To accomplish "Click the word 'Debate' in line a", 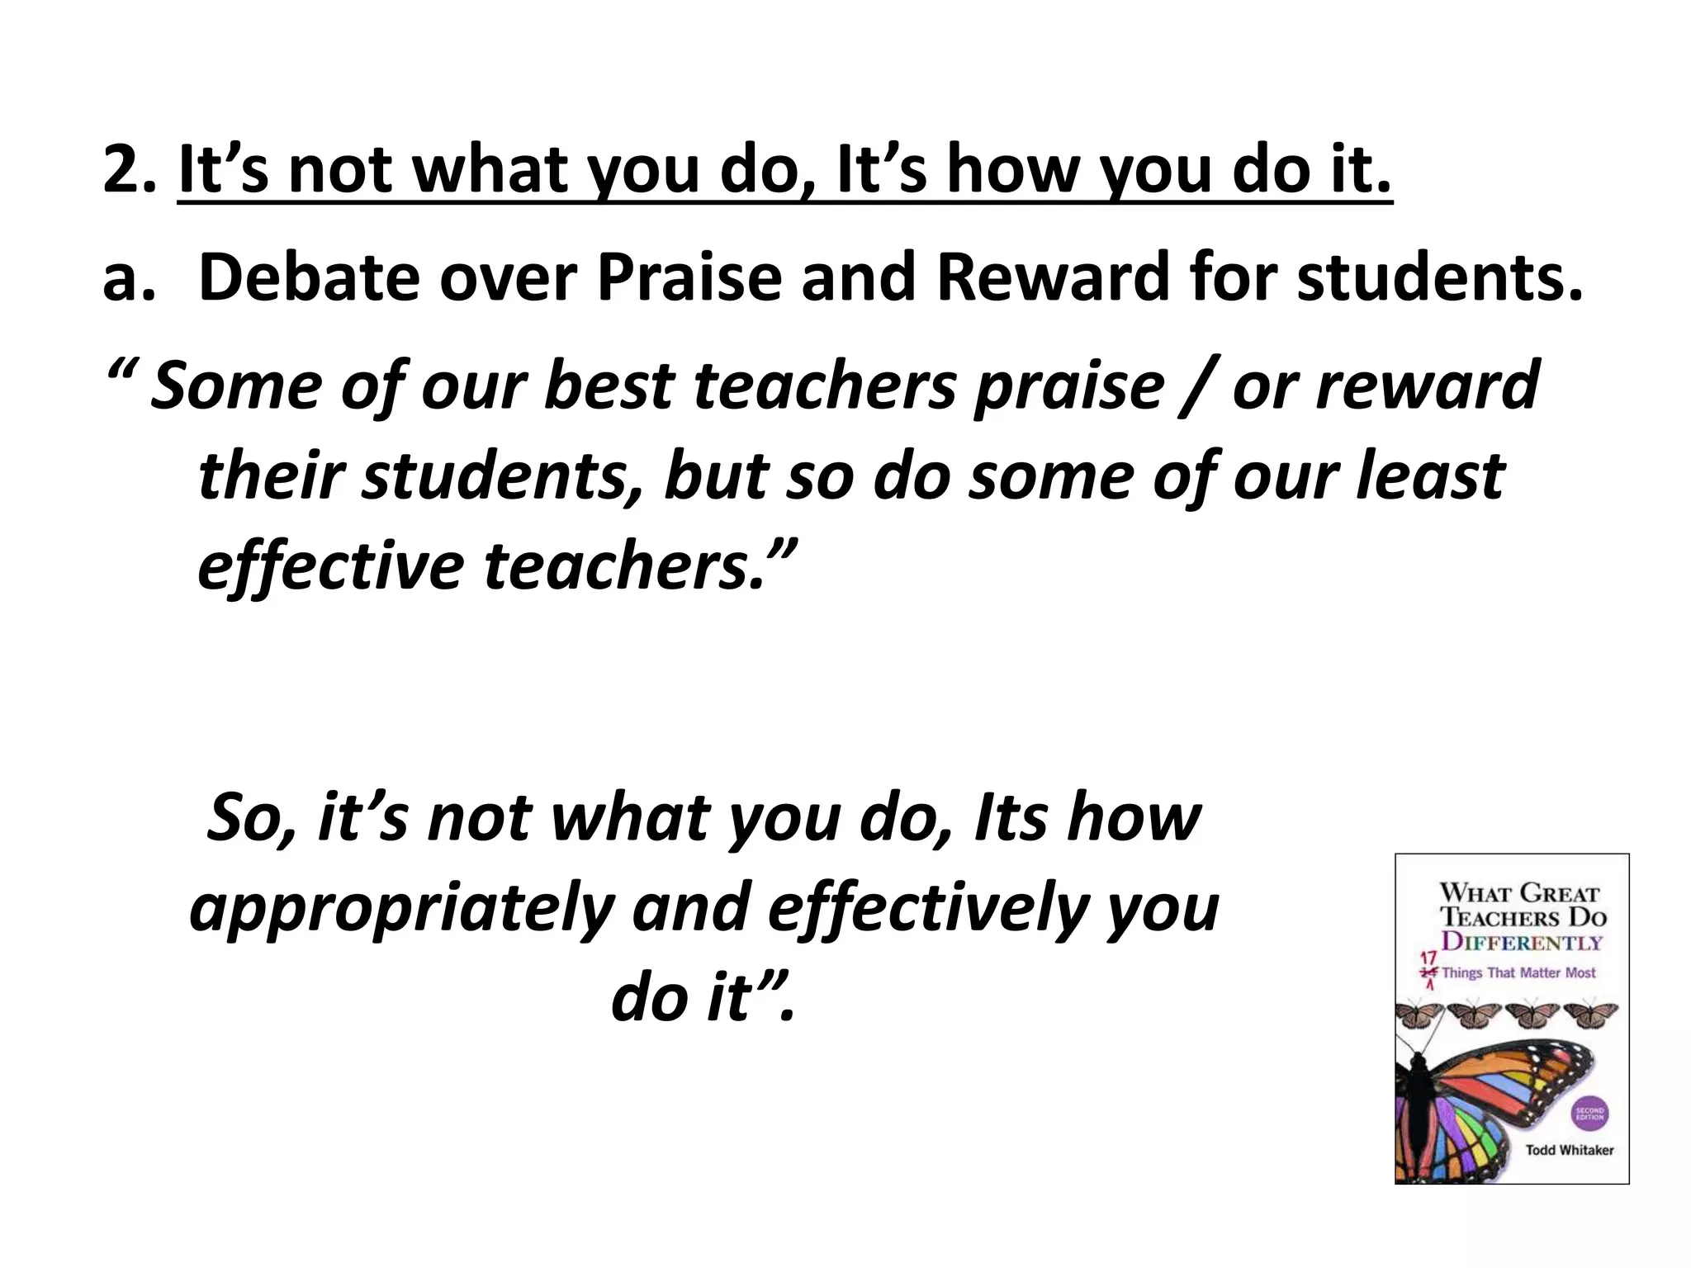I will tap(309, 278).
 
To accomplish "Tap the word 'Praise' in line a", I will tap(689, 278).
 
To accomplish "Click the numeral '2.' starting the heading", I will tap(129, 170).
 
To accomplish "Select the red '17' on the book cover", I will tap(1427, 958).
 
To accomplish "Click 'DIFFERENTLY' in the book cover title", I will tap(1521, 942).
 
